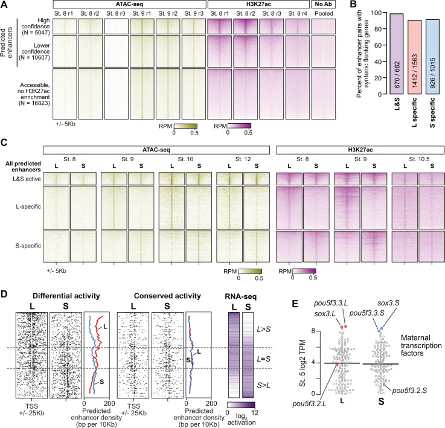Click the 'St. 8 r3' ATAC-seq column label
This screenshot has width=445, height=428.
click(115, 13)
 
